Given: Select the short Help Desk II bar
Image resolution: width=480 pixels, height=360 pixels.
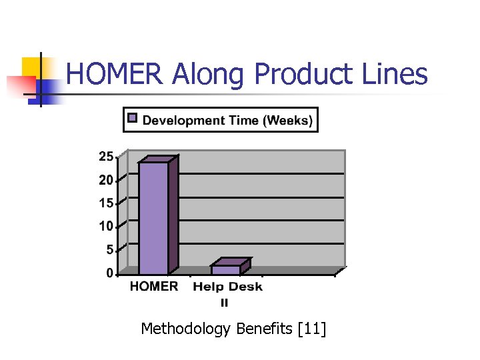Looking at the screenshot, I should pos(226,269).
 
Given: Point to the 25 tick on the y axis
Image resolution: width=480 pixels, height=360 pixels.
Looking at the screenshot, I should pos(105,157).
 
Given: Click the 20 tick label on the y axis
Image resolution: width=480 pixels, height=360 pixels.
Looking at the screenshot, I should pos(105,180).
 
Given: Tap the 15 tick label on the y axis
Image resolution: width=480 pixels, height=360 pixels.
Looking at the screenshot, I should pos(105,203).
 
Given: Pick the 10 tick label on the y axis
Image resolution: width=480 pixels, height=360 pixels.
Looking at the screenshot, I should pos(105,227).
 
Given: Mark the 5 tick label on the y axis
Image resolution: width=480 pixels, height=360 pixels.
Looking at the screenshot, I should pos(109,250).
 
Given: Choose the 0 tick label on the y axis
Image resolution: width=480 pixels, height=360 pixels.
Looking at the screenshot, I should pos(109,273).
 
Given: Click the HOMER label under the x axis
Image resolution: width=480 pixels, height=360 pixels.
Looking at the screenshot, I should pos(154,287).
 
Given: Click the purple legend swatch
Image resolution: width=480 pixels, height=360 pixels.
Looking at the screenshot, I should pos(133,119).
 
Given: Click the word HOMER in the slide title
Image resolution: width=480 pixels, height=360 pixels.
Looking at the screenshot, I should pos(115,74).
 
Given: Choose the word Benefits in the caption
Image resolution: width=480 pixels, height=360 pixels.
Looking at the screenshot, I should pos(265,329).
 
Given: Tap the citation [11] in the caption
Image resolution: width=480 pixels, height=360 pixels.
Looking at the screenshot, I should pos(313,329).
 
